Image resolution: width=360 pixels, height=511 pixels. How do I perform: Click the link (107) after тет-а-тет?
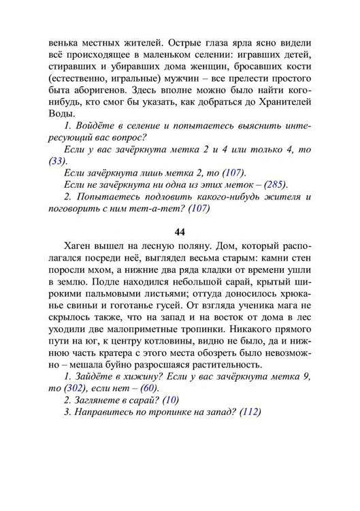pos(197,209)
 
